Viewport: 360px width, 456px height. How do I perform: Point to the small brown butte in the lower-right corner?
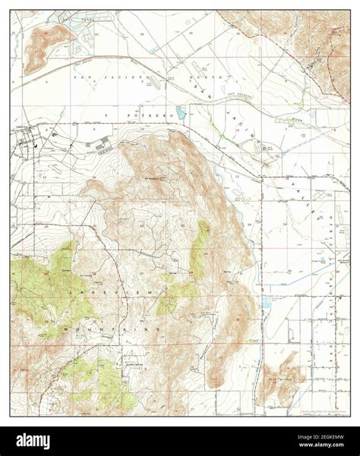[270, 388]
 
